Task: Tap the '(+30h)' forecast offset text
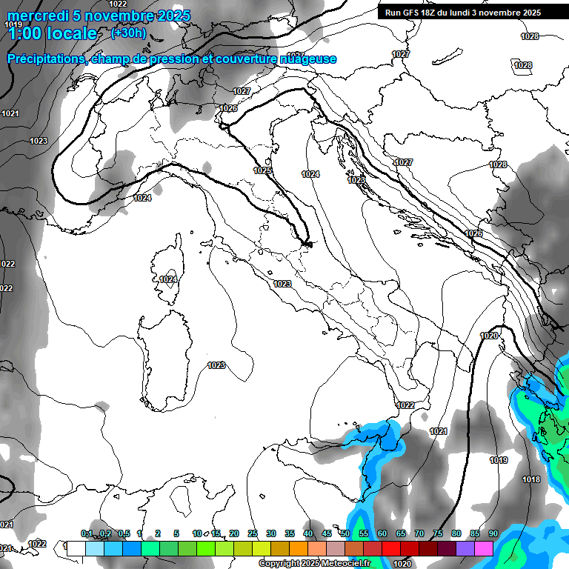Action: pyautogui.click(x=128, y=33)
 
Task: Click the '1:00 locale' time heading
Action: pyautogui.click(x=52, y=34)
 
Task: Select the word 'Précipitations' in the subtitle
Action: pyautogui.click(x=44, y=59)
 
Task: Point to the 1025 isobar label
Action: pyautogui.click(x=262, y=170)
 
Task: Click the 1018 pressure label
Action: pyautogui.click(x=530, y=479)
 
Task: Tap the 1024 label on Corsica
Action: pyautogui.click(x=167, y=279)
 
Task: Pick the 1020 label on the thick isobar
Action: pyautogui.click(x=489, y=336)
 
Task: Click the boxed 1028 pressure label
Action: pyautogui.click(x=523, y=65)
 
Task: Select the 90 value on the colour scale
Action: pyautogui.click(x=493, y=533)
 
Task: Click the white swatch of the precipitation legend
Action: pyautogui.click(x=76, y=548)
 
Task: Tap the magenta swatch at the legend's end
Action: pyautogui.click(x=484, y=548)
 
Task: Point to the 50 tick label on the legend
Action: pyautogui.click(x=345, y=533)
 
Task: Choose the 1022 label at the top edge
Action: pyautogui.click(x=118, y=4)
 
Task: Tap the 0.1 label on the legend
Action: pyautogui.click(x=87, y=533)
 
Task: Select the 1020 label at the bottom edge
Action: pyautogui.click(x=403, y=564)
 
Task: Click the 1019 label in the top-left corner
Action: pyautogui.click(x=13, y=25)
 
